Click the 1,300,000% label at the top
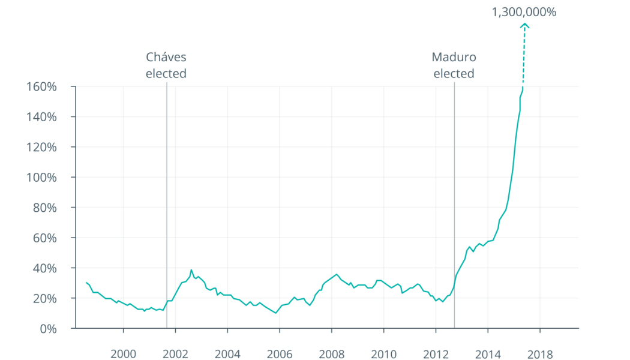click(523, 11)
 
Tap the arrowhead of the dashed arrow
click(524, 25)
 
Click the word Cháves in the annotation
click(166, 58)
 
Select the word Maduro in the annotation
click(454, 58)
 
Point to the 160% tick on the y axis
click(42, 86)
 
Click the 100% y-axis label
click(42, 178)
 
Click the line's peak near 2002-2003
click(191, 271)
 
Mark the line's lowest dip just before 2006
click(275, 313)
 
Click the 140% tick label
click(42, 116)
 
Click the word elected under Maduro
click(454, 74)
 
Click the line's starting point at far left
click(86, 283)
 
